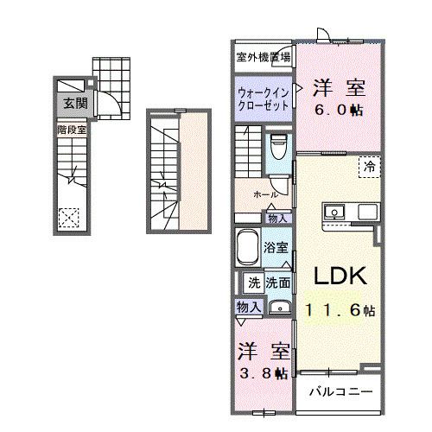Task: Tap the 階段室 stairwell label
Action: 71,130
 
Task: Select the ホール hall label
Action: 264,194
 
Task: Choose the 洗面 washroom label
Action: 278,282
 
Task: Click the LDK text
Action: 340,276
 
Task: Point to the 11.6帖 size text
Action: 340,309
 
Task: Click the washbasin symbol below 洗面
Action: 278,307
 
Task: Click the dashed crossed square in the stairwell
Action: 68,217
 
